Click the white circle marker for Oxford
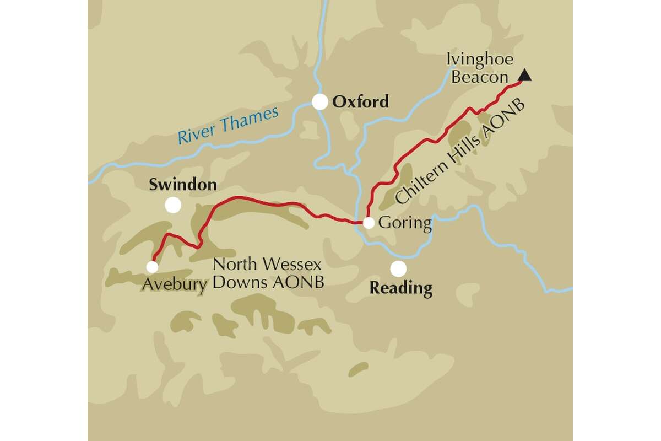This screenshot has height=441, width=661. click(319, 102)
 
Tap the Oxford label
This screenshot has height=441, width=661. click(361, 102)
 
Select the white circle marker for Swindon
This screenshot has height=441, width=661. click(173, 205)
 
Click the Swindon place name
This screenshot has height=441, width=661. click(183, 185)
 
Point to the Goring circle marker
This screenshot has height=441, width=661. click(369, 223)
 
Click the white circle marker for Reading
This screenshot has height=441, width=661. click(398, 268)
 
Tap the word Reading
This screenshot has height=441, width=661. click(400, 288)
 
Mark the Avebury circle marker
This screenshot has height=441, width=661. click(152, 267)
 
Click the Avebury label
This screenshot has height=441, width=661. click(175, 284)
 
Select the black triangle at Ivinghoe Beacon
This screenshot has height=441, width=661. click(525, 76)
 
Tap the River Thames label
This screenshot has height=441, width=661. click(229, 126)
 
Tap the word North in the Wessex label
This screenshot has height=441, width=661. click(236, 264)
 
